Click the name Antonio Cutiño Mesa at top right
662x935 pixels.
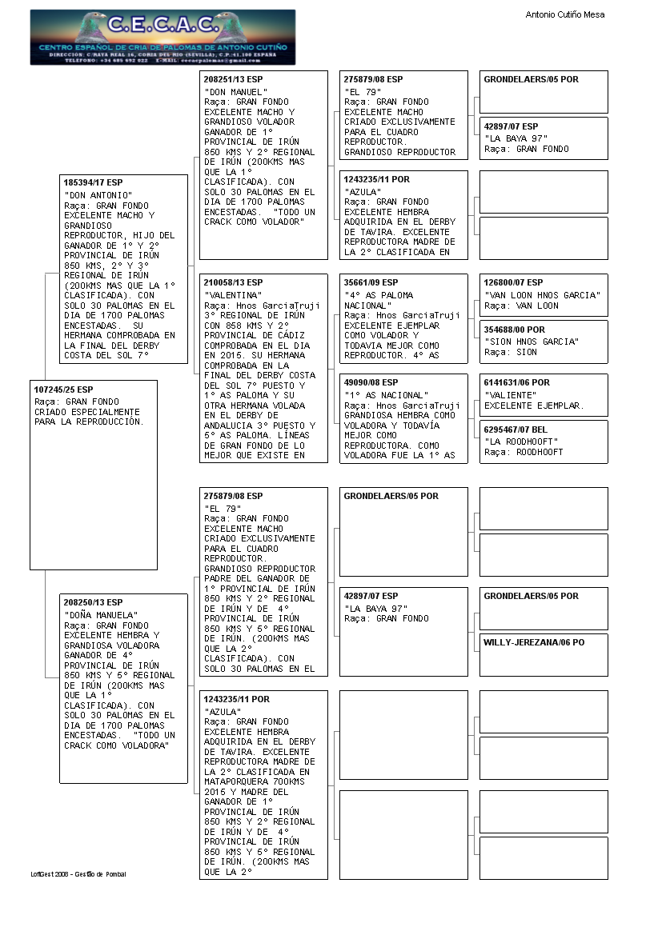pyautogui.click(x=564, y=14)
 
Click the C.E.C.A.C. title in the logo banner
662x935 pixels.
pyautogui.click(x=162, y=25)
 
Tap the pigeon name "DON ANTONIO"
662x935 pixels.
pyautogui.click(x=98, y=195)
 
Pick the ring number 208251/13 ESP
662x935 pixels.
pyautogui.click(x=233, y=80)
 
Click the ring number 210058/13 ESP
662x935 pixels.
pyautogui.click(x=233, y=282)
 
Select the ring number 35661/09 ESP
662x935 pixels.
pyautogui.click(x=371, y=282)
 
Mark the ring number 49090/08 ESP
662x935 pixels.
pyautogui.click(x=371, y=382)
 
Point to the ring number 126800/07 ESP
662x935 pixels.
pyautogui.click(x=513, y=282)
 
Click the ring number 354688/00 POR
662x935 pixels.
pyautogui.click(x=514, y=330)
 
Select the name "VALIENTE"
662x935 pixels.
pyautogui.click(x=510, y=395)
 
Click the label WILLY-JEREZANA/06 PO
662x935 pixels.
pyautogui.click(x=533, y=642)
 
